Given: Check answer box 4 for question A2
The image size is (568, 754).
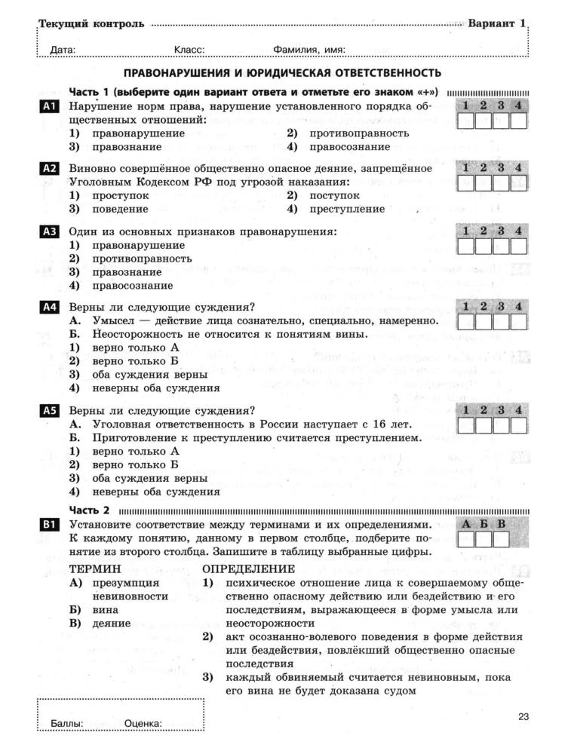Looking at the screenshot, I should click(x=518, y=183).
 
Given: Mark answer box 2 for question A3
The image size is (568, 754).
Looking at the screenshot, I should click(x=484, y=246).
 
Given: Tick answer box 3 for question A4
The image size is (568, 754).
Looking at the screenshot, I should click(x=501, y=322).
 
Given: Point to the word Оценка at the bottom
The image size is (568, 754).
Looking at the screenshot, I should click(x=143, y=724).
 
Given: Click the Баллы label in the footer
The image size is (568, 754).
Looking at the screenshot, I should click(x=66, y=724).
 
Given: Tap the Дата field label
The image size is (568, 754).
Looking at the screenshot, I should click(x=63, y=51).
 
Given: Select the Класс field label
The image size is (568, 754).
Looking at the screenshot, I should click(x=189, y=51).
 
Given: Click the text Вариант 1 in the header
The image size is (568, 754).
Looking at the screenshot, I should click(x=496, y=23).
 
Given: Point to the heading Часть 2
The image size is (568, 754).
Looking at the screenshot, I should click(x=89, y=510).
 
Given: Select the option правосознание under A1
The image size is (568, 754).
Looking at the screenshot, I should click(x=346, y=146).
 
